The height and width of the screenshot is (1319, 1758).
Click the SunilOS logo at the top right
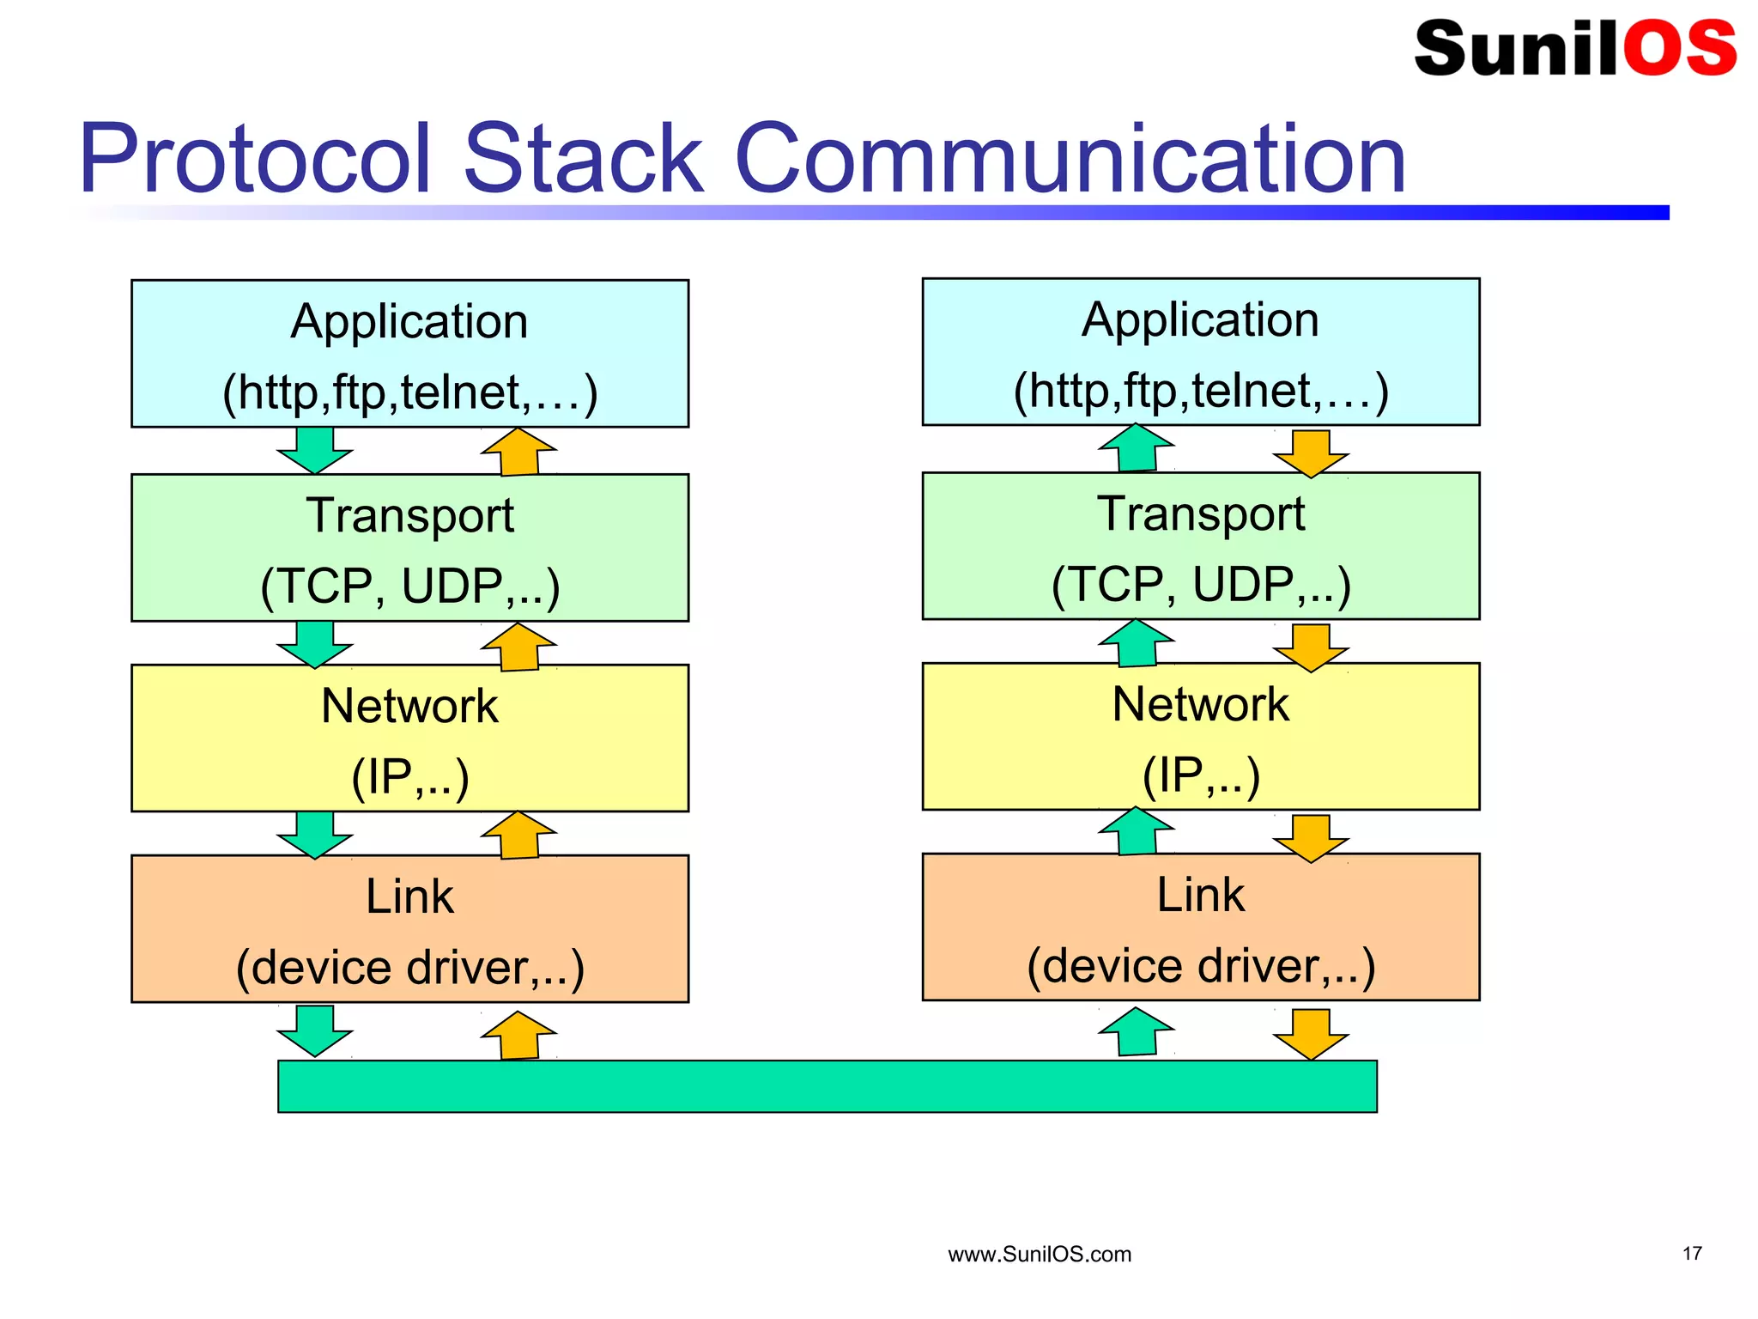tap(1574, 48)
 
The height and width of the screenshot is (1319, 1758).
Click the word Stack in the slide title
tap(584, 159)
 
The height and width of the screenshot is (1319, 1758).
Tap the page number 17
tap(1691, 1254)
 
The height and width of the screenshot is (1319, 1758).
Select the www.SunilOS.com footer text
tap(1039, 1255)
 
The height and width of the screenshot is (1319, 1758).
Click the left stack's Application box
tap(409, 353)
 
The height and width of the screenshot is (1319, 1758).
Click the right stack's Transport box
tap(1200, 545)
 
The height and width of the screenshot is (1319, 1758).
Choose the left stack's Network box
tap(409, 738)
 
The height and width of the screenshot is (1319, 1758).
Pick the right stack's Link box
tap(1200, 927)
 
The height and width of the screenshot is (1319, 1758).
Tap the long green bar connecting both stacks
tap(827, 1086)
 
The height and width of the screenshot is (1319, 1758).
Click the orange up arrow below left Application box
tap(519, 453)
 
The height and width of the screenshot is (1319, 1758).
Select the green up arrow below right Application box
tap(1137, 448)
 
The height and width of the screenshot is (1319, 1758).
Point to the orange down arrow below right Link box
tap(1311, 1033)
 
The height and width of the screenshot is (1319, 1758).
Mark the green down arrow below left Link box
tap(315, 1030)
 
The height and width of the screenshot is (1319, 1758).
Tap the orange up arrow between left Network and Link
tap(519, 836)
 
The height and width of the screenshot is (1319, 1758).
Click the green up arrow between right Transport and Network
tap(1137, 643)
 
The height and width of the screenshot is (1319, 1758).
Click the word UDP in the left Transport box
tap(452, 587)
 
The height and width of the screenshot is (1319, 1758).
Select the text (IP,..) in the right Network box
tap(1200, 775)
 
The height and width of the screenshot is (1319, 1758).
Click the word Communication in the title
tap(1070, 159)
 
